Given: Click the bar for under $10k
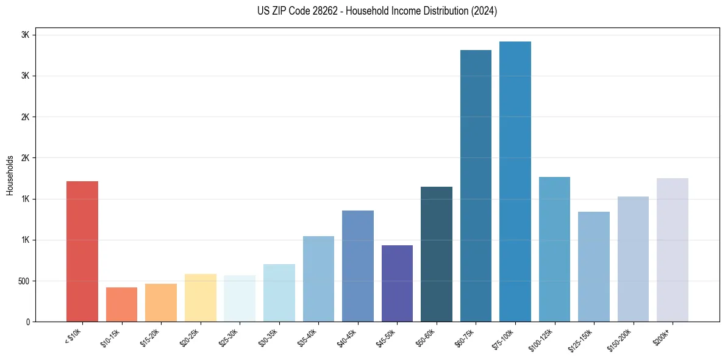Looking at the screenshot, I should pos(82,251).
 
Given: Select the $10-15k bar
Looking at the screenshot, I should pos(121,304).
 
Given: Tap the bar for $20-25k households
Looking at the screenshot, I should pos(200,298).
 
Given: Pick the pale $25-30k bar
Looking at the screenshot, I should pos(240,298).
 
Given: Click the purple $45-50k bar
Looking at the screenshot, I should pos(397,283).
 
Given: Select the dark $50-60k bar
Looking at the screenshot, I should pos(437,254).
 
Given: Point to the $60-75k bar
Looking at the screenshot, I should pos(476,185).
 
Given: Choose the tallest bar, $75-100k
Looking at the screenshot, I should pos(515,181).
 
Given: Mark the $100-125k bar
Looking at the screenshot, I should pos(554,249).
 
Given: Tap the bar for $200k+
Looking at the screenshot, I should pos(673,250).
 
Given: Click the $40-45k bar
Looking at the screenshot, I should pos(358,266).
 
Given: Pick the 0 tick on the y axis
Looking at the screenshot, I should pos(27,322).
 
